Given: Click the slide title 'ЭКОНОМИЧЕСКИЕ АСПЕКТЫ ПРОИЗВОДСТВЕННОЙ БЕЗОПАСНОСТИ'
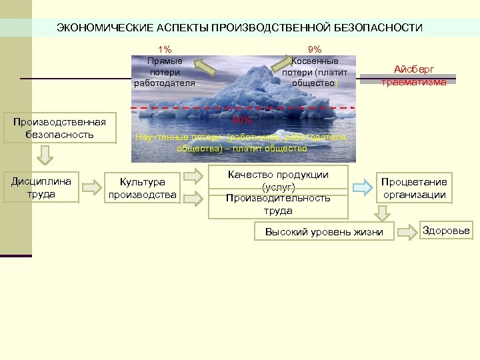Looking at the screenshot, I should tap(239, 27).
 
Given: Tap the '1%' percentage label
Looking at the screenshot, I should tap(164, 49).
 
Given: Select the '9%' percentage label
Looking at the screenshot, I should tap(314, 49).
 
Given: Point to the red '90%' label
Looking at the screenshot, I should tap(242, 121).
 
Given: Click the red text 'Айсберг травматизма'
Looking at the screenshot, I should tap(413, 75).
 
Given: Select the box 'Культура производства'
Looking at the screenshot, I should tap(143, 188).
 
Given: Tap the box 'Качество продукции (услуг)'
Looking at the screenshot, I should tap(278, 180).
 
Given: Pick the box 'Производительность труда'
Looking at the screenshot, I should tap(278, 204).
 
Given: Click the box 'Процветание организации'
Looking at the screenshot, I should tap(414, 188).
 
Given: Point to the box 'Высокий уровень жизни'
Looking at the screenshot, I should tap(324, 232).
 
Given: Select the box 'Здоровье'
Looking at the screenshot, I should tap(446, 231).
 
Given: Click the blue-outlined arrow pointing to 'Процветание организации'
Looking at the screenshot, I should tap(362, 187).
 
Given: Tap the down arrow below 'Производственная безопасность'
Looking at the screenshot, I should tap(44, 154).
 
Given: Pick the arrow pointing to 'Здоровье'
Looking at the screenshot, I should tap(407, 232).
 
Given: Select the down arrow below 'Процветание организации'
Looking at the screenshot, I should tap(383, 213).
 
